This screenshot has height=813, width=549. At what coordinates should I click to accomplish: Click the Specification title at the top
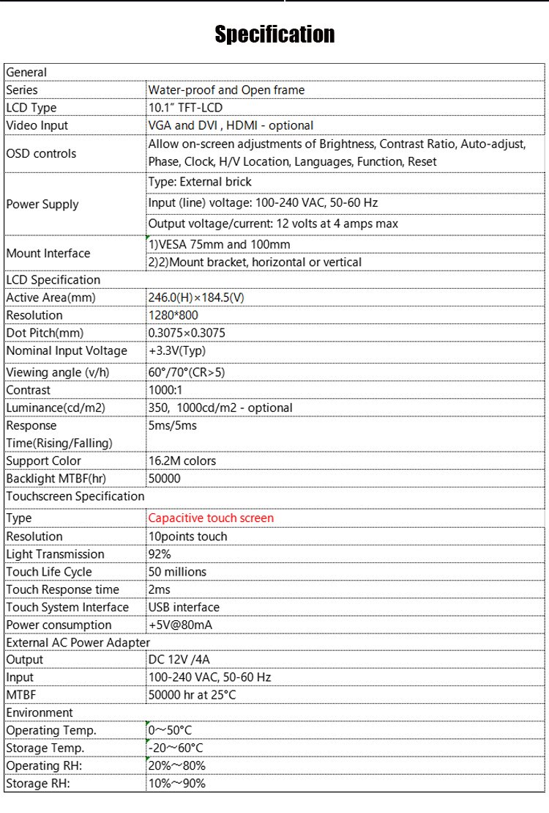tap(274, 34)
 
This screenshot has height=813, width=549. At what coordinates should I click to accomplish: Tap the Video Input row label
tap(37, 125)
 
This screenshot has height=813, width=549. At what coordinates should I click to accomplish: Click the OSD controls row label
tap(41, 153)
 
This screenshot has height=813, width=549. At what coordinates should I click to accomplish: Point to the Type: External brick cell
tap(199, 182)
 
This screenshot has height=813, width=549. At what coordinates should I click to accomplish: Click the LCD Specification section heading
tap(53, 279)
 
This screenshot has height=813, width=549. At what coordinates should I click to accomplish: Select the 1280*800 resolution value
tap(173, 315)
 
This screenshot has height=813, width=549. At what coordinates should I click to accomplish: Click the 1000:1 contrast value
tap(165, 390)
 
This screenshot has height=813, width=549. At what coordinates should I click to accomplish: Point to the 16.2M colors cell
tap(182, 461)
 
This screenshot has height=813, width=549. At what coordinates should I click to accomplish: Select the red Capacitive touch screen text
tap(211, 518)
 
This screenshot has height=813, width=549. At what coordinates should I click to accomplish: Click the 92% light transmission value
tap(160, 554)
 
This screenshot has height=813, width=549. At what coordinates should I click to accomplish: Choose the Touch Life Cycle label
tap(48, 572)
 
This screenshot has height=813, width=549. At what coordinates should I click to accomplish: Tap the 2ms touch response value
tap(159, 589)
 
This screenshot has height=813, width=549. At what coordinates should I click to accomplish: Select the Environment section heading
tap(40, 713)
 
